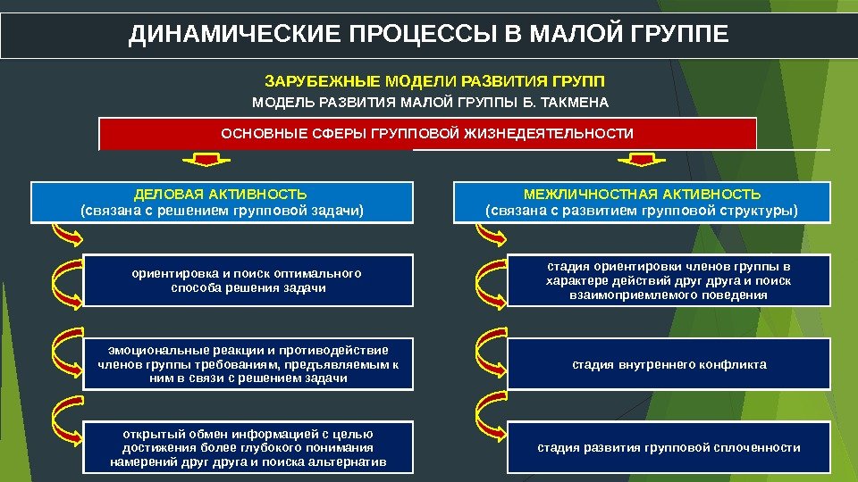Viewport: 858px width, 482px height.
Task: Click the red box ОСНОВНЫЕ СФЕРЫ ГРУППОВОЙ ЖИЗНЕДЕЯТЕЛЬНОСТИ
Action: coord(427,134)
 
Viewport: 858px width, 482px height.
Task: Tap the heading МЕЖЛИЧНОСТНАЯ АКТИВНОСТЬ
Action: coord(642,194)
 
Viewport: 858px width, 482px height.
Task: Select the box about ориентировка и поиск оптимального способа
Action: coord(248,280)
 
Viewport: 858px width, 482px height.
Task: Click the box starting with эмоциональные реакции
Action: coord(248,363)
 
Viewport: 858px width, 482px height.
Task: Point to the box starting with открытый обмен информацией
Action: coord(248,446)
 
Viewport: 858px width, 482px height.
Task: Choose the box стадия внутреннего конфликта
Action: coord(669,364)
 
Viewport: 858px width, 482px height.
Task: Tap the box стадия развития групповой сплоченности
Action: coord(669,447)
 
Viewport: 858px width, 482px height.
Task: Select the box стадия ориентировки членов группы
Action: coord(669,280)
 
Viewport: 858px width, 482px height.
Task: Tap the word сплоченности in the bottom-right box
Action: coord(759,447)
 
